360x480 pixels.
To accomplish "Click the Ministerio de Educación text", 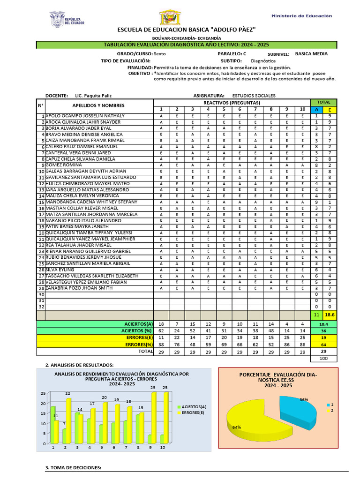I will click(301, 16).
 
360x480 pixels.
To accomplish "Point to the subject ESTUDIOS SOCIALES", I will click(254, 95).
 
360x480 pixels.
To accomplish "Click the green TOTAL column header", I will click(323, 102).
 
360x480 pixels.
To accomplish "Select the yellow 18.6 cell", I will click(330, 315).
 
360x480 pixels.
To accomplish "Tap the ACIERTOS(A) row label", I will click(138, 324).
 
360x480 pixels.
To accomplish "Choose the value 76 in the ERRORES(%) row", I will click(177, 344).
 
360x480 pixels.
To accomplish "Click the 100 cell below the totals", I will click(323, 358).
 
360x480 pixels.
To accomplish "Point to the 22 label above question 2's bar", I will click(67, 393).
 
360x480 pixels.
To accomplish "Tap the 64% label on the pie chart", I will click(236, 427).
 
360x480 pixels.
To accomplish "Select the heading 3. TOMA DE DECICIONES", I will click(73, 468).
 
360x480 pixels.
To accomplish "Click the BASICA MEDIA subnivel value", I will click(311, 54).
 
